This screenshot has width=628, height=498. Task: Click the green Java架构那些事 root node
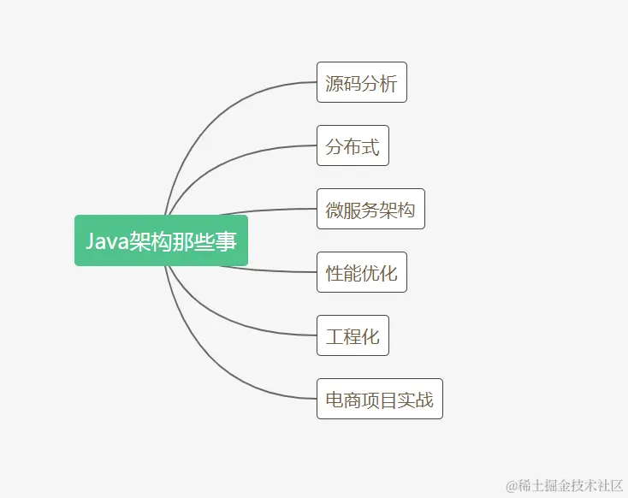tap(161, 240)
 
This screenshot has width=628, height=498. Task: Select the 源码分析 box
tap(361, 82)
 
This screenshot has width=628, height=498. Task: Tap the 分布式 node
tap(353, 145)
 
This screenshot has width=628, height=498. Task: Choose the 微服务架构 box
tap(370, 209)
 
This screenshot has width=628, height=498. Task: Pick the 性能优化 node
tap(361, 272)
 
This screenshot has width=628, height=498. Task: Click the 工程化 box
tap(353, 335)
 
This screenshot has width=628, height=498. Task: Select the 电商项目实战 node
tap(379, 399)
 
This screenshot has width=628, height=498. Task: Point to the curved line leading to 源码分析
tap(222, 107)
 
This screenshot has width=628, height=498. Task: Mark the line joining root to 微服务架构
tap(265, 210)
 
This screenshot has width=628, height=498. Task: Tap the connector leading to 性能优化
tap(265, 270)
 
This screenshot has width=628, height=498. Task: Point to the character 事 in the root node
tap(227, 241)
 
